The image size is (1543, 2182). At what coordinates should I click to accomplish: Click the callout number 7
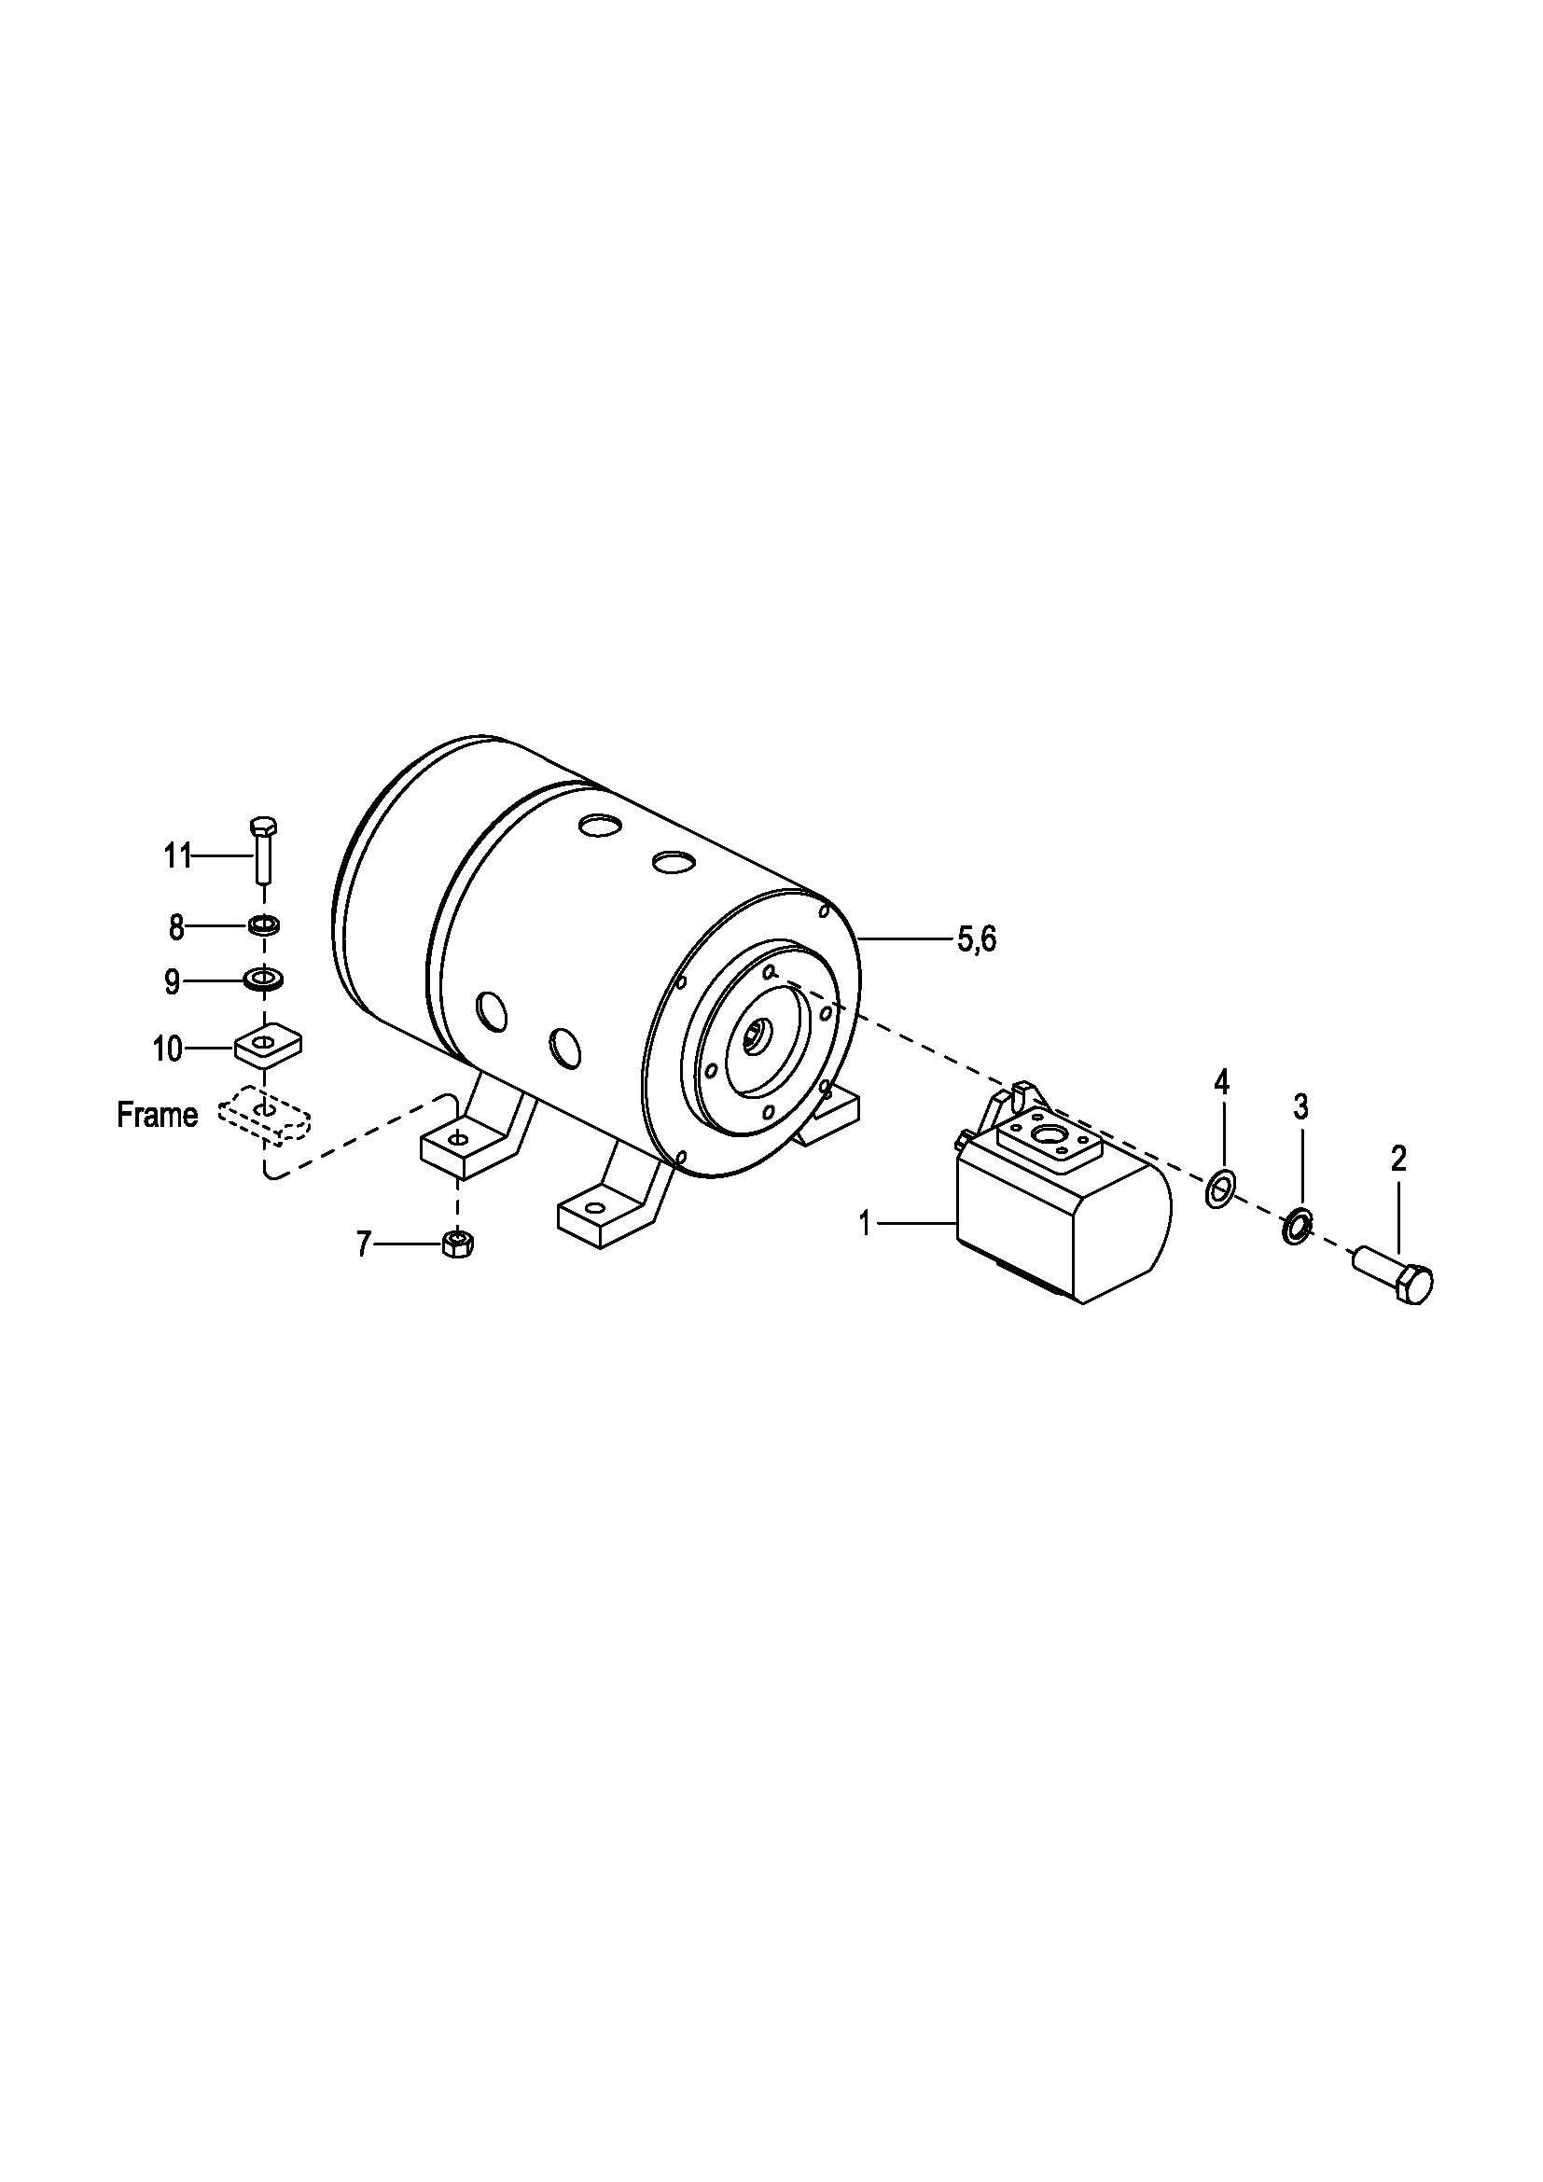coord(364,1244)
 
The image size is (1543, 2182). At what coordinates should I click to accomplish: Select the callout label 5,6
coord(977,941)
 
